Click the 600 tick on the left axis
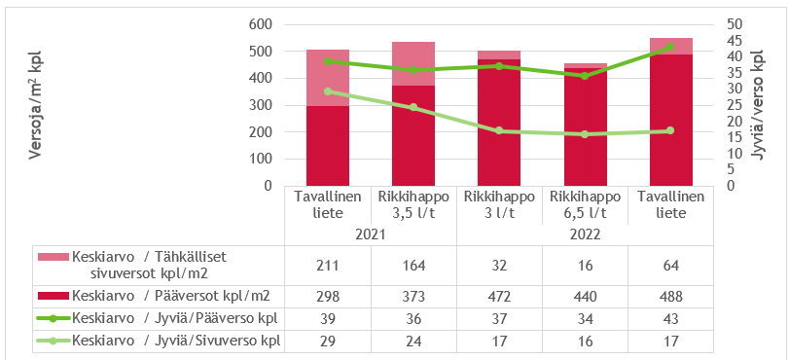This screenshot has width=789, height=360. (260, 23)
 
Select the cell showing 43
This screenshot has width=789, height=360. (670, 318)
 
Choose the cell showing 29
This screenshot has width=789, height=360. (328, 341)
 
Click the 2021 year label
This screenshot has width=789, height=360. (371, 234)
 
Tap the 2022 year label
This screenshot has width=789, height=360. (585, 234)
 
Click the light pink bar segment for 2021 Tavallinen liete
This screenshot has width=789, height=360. (328, 78)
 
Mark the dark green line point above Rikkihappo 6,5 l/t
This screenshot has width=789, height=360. (585, 76)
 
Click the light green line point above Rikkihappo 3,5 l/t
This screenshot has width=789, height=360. (413, 107)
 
